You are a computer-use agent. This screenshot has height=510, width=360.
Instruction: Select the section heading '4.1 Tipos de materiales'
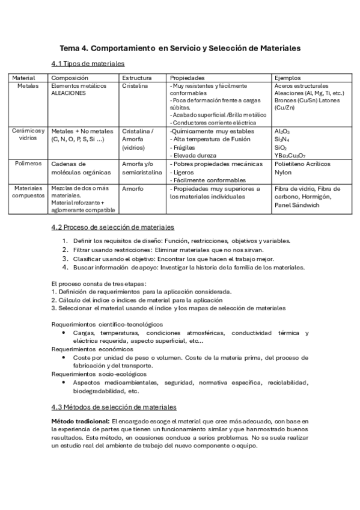[88, 64]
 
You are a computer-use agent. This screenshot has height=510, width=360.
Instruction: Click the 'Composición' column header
[70, 78]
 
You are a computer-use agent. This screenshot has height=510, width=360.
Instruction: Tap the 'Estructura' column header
[136, 78]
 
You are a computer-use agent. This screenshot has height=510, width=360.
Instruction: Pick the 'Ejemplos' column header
[287, 78]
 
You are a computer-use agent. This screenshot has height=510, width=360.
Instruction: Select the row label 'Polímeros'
[28, 164]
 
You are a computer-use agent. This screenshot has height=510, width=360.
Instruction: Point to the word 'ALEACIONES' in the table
[69, 93]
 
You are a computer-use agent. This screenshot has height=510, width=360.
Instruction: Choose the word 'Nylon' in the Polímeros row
[283, 171]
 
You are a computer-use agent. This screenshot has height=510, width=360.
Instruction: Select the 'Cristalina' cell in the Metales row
[135, 86]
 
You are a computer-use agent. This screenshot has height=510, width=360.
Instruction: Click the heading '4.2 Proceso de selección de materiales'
[113, 227]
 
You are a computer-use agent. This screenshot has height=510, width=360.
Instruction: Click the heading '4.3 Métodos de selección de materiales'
[114, 407]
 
